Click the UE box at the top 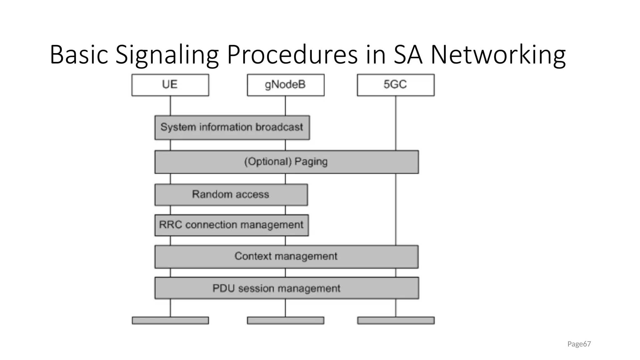coord(170,85)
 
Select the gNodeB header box coord(285,85)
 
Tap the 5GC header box coord(396,85)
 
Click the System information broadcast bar coord(232,127)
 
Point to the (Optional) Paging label coord(286,162)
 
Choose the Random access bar coord(231,194)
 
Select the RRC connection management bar coord(231,225)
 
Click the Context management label coord(286,256)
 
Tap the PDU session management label coord(276,288)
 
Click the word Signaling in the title coord(167,55)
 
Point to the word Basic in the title coord(79,55)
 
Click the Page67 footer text coord(579,344)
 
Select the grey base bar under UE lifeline coord(170,320)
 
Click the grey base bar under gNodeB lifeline coord(285,320)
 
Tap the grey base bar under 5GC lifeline coord(396,320)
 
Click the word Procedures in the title coord(292,55)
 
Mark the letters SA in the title coord(407,55)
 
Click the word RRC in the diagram coord(170,225)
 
